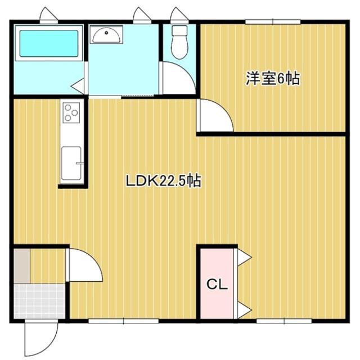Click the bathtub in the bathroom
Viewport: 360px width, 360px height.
49,43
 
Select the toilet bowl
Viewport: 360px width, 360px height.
178,43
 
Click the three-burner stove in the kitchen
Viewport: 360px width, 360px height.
71,112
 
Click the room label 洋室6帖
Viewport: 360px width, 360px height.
272,79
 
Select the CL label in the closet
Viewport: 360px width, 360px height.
217,285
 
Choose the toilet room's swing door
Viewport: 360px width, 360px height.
177,79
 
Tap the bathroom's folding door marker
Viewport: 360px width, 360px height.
78,86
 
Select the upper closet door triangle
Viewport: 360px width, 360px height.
244,257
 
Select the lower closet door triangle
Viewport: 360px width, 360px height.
244,309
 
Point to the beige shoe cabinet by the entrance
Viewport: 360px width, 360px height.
21,265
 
